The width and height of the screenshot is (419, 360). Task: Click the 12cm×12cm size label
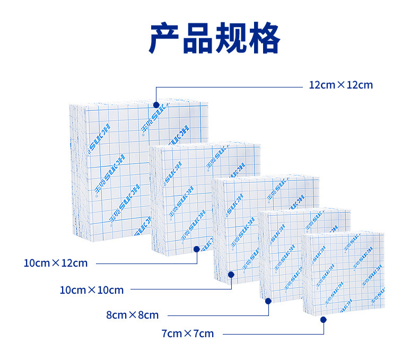[341, 85]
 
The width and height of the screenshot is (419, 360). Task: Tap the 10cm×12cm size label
[56, 263]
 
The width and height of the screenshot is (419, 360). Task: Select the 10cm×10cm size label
[91, 290]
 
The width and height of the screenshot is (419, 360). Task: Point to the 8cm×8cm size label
[132, 315]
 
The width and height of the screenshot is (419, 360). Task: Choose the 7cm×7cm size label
[187, 333]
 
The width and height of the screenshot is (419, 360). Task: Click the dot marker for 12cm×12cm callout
[156, 105]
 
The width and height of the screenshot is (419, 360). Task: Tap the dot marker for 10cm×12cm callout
[197, 248]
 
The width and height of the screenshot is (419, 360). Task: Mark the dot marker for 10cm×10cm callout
[231, 274]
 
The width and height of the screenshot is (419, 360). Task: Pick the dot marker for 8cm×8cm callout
[268, 301]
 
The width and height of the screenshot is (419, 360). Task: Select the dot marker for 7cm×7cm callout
[324, 319]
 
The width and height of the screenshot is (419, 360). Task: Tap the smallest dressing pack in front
[345, 276]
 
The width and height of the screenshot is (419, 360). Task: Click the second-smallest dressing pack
[281, 249]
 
